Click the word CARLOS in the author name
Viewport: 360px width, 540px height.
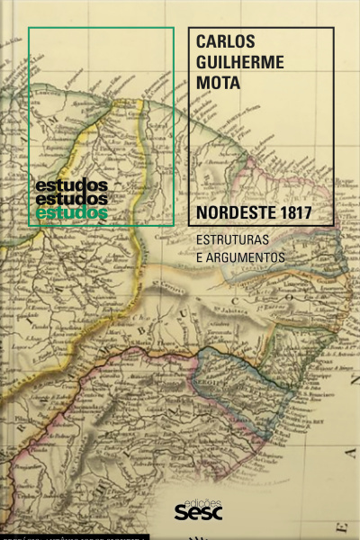[x=226, y=44]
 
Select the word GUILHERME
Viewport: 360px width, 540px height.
[x=239, y=64]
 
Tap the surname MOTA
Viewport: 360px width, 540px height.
[x=218, y=84]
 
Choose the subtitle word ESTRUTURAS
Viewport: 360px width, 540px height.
[x=239, y=241]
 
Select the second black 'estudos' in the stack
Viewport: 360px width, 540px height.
[x=71, y=198]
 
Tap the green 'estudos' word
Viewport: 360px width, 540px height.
[x=71, y=212]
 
